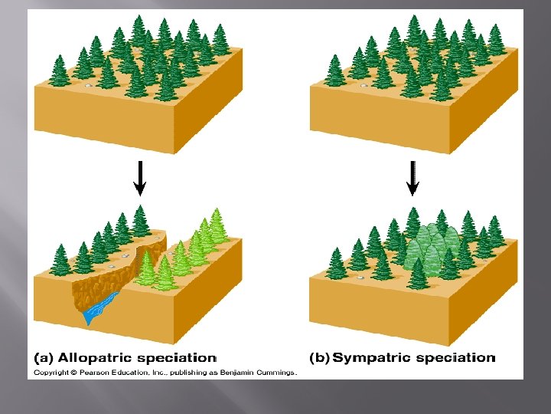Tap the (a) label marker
click(43, 357)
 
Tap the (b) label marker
click(319, 357)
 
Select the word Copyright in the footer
click(50, 373)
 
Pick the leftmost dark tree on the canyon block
click(60, 259)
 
